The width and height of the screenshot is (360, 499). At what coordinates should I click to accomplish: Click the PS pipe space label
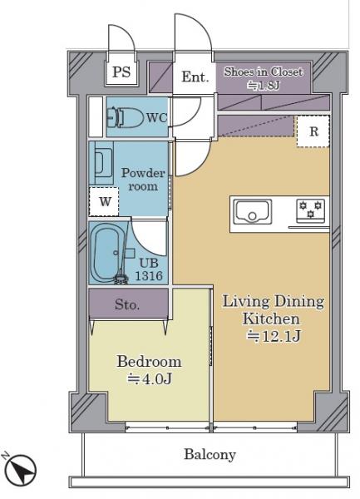click(121, 72)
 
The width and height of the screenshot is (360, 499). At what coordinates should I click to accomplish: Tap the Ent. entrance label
click(195, 77)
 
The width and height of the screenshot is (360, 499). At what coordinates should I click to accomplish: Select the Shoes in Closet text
click(264, 72)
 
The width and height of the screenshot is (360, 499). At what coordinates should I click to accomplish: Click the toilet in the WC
click(125, 117)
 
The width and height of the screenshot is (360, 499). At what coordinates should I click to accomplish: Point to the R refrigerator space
click(313, 131)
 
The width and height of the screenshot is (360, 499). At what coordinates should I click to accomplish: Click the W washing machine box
click(104, 201)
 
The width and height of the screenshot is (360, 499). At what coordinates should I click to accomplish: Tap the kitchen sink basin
click(253, 211)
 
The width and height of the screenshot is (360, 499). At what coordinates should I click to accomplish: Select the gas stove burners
click(311, 210)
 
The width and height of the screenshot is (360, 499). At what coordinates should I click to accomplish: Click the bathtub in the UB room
click(106, 253)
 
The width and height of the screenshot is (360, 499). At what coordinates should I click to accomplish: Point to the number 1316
click(149, 275)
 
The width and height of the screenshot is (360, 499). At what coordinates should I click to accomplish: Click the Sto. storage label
click(127, 305)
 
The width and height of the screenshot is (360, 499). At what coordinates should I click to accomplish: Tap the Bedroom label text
click(149, 362)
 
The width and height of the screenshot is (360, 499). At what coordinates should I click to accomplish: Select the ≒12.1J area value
click(274, 336)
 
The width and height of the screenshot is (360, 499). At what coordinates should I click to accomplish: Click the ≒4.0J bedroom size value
click(150, 378)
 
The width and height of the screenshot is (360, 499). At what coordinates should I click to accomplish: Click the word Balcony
click(210, 454)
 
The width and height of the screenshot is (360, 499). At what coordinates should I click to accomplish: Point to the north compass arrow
click(21, 471)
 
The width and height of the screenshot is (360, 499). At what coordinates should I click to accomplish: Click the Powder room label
click(143, 180)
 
